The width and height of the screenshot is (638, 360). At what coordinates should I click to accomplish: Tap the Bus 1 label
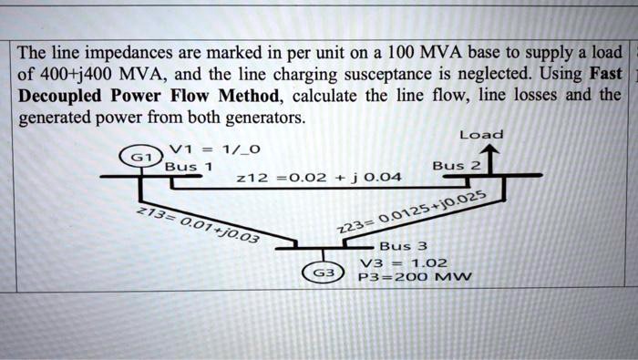[188, 167]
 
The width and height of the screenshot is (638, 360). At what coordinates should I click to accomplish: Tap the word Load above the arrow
[481, 135]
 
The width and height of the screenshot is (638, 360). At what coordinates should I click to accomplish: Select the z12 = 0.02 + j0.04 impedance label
[305, 179]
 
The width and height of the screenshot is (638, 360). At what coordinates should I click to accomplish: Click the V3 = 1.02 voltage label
[404, 262]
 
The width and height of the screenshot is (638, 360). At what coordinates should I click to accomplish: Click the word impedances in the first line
[127, 50]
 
